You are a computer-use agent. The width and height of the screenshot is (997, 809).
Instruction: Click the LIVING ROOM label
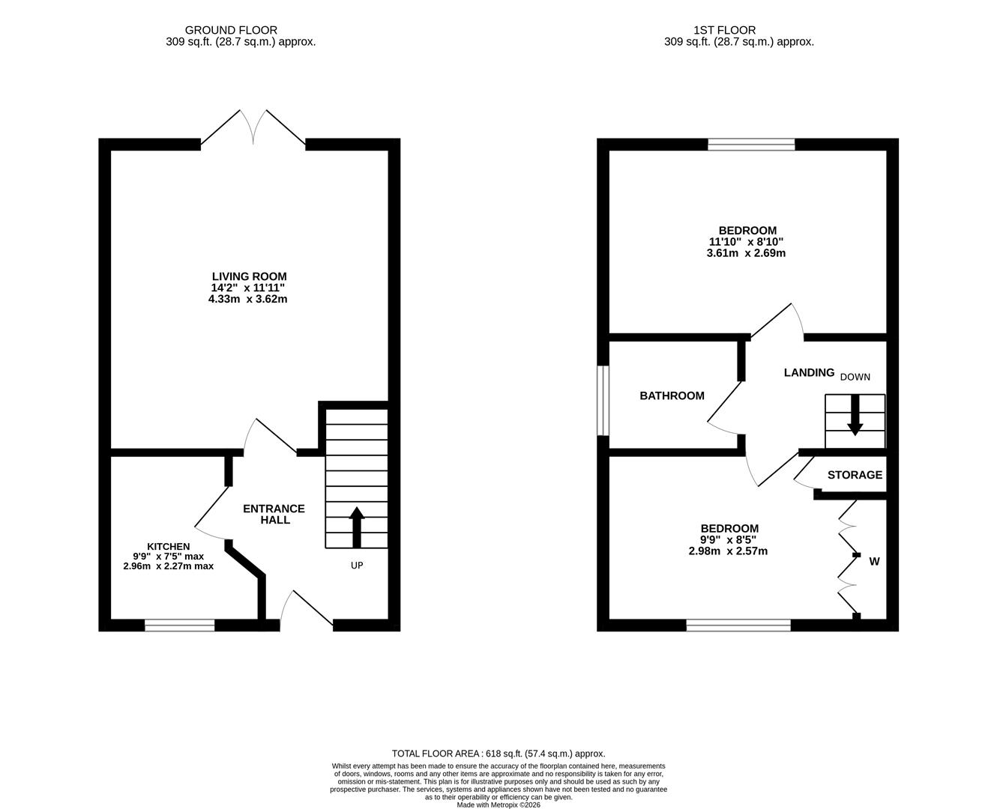click(x=249, y=276)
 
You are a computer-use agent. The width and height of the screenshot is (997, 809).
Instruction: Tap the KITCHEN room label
click(x=168, y=547)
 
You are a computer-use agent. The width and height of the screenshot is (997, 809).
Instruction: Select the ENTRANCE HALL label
click(x=274, y=514)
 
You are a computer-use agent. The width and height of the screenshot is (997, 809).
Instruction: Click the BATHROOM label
click(x=672, y=396)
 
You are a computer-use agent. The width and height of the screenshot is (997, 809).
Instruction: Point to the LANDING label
click(x=809, y=372)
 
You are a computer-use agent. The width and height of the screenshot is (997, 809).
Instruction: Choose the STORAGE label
click(x=855, y=475)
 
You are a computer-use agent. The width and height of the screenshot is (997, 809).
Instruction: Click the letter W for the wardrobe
click(x=874, y=561)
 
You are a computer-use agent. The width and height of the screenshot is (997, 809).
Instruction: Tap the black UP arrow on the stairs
click(x=357, y=527)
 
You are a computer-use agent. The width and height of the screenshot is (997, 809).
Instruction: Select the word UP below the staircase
click(x=357, y=566)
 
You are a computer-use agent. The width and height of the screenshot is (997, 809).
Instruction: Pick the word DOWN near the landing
click(x=855, y=377)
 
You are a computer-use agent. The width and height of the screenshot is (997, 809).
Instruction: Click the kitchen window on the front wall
click(x=180, y=625)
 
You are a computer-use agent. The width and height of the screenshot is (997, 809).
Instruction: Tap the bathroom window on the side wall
click(x=603, y=400)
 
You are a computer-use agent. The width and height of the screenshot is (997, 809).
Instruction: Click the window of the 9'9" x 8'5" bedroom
click(x=738, y=625)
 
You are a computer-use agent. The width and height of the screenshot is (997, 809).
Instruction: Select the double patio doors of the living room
click(x=253, y=129)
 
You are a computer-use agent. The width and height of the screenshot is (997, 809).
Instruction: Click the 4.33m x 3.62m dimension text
click(x=248, y=299)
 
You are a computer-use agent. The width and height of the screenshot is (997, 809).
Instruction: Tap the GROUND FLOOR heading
click(x=231, y=30)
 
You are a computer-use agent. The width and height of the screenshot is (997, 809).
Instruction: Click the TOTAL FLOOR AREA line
click(x=498, y=754)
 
